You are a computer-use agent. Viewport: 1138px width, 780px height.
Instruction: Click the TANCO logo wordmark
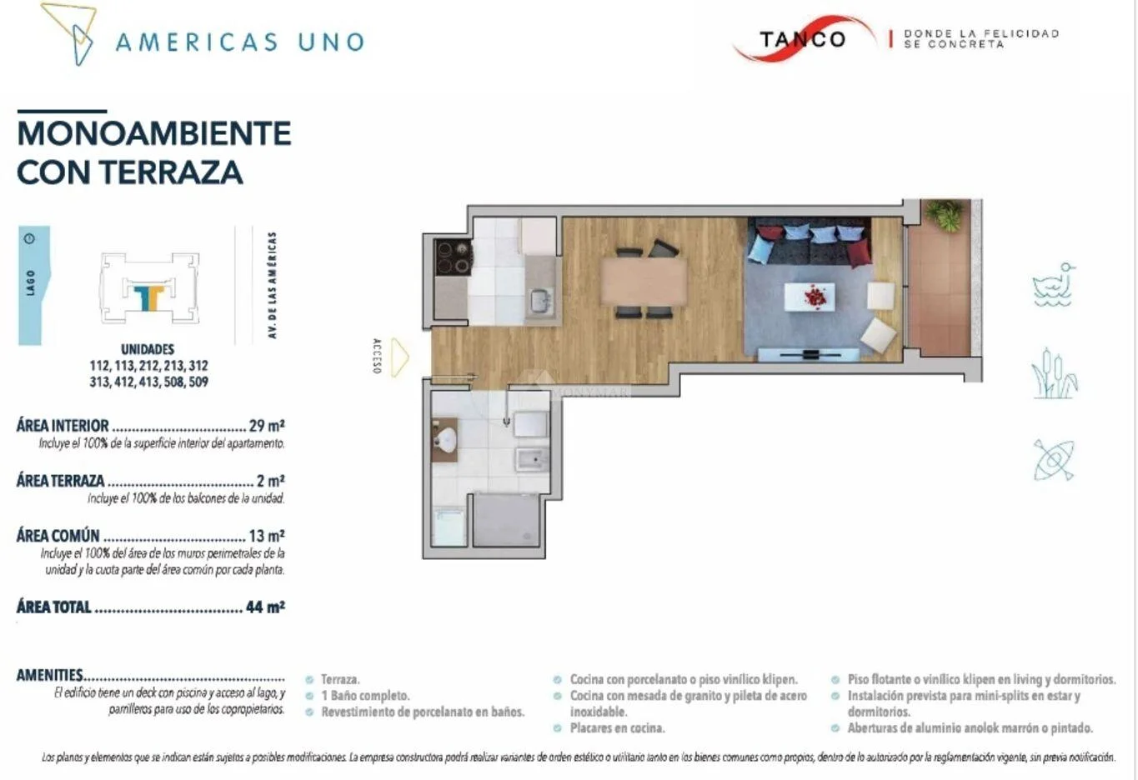pyautogui.click(x=802, y=39)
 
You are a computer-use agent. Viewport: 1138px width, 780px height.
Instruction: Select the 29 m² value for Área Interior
pyautogui.click(x=267, y=425)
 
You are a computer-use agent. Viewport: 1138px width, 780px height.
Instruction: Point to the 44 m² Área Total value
pyautogui.click(x=265, y=607)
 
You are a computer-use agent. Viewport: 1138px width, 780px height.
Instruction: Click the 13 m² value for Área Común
pyautogui.click(x=267, y=536)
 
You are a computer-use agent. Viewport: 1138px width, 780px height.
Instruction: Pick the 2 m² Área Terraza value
pyautogui.click(x=271, y=480)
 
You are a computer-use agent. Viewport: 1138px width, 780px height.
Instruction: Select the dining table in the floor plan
pyautogui.click(x=644, y=282)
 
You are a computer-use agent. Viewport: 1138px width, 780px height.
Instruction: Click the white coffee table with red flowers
pyautogui.click(x=810, y=297)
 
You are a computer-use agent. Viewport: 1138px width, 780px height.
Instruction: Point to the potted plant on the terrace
pyautogui.click(x=944, y=216)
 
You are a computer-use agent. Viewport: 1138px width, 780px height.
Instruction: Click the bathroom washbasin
pyautogui.click(x=445, y=438)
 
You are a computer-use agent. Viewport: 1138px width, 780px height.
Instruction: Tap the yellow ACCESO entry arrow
pyautogui.click(x=400, y=357)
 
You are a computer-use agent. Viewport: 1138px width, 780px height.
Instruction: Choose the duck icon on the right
pyautogui.click(x=1053, y=285)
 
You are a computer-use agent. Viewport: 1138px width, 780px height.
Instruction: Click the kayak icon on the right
pyautogui.click(x=1054, y=460)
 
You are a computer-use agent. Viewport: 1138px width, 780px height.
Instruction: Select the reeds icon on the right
pyautogui.click(x=1054, y=373)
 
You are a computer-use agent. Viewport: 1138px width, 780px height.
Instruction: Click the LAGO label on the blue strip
pyautogui.click(x=31, y=282)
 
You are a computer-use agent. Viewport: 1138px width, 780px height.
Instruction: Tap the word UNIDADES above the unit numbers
pyautogui.click(x=148, y=349)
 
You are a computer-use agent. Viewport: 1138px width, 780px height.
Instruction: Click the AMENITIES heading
pyautogui.click(x=49, y=675)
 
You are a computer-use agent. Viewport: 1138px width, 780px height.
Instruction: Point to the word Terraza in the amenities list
pyautogui.click(x=340, y=679)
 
